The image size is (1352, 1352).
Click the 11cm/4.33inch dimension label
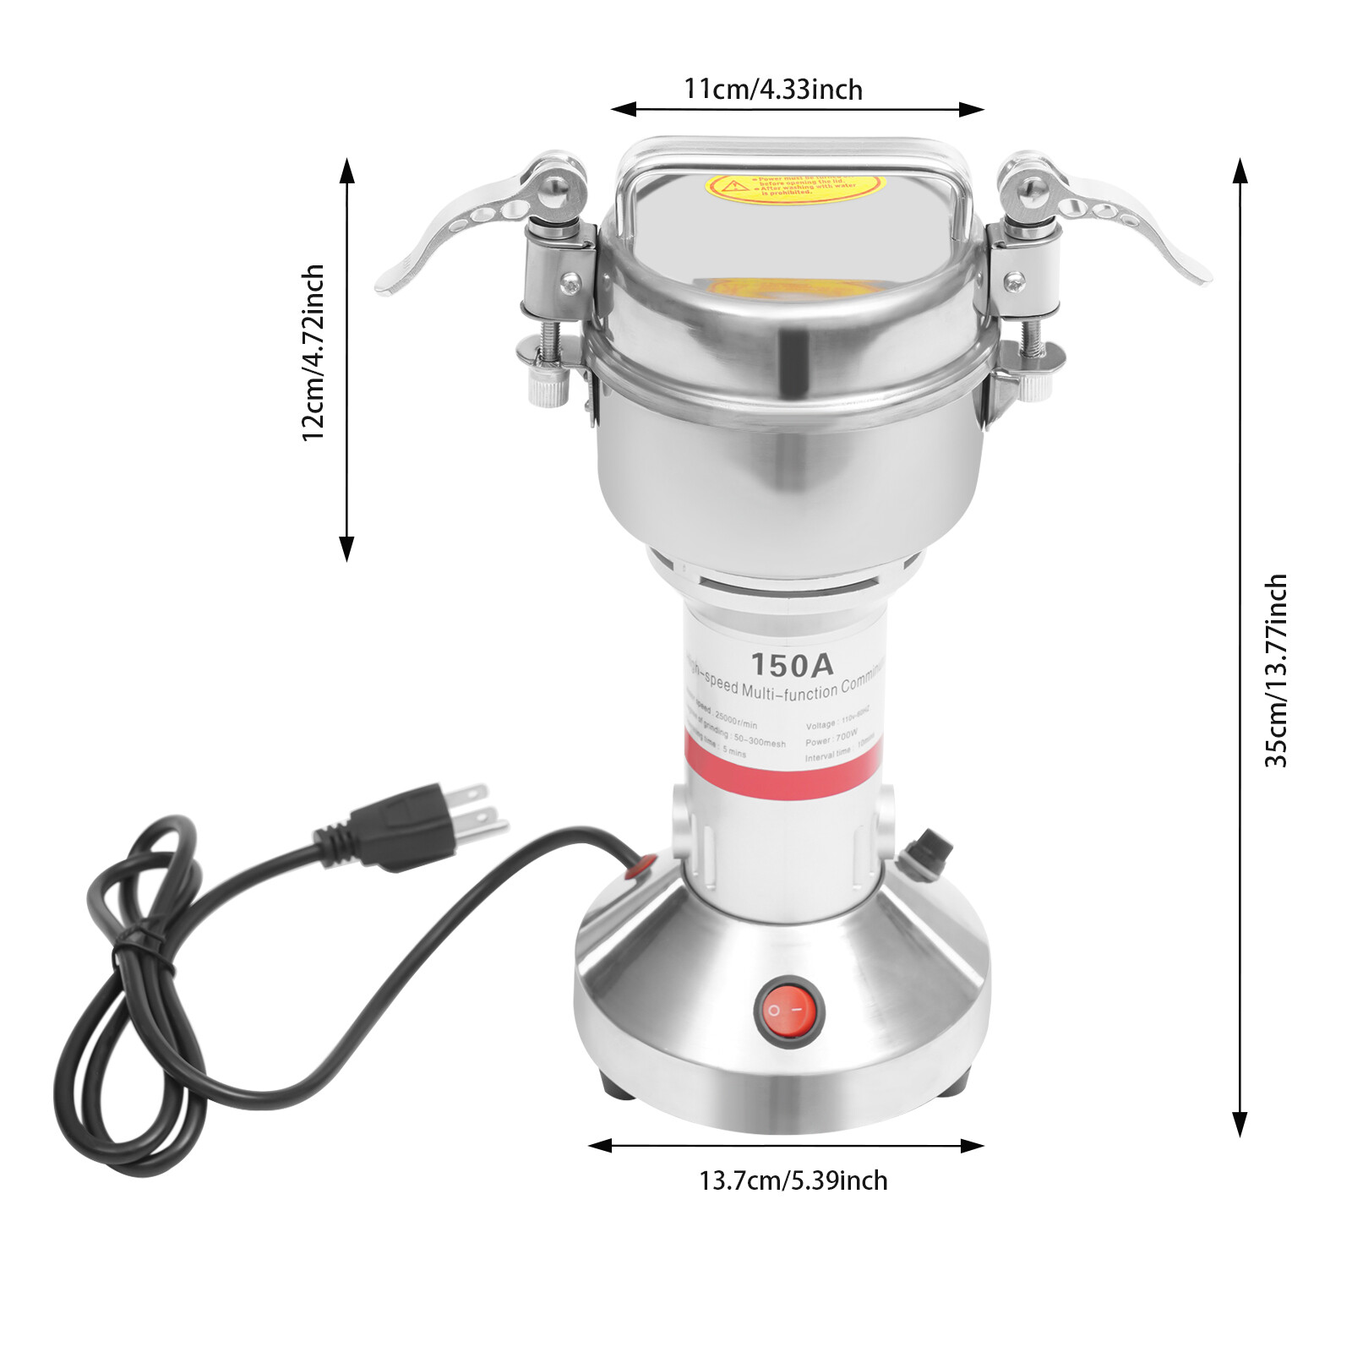click(772, 89)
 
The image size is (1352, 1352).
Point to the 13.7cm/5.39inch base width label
click(793, 1180)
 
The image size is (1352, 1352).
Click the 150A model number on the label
click(792, 665)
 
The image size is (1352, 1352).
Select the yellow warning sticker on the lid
click(794, 186)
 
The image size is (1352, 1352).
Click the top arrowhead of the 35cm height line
click(1240, 170)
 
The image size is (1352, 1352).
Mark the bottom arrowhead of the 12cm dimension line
click(346, 549)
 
